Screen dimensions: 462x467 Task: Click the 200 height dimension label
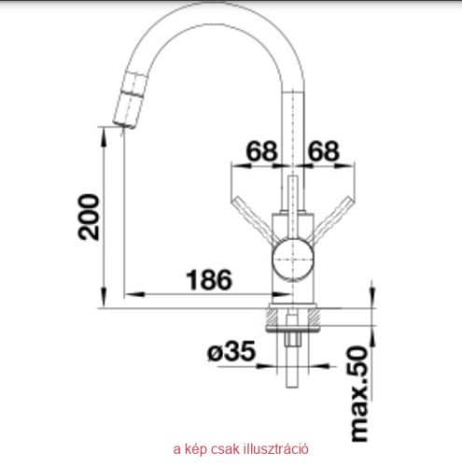click(x=89, y=217)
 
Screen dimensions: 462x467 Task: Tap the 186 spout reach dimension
click(x=209, y=279)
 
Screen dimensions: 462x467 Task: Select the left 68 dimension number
click(x=261, y=151)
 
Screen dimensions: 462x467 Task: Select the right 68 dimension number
click(x=323, y=151)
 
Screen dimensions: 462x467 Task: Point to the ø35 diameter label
click(x=231, y=351)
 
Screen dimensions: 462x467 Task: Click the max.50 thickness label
click(x=359, y=394)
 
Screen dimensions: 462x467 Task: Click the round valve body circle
click(x=292, y=260)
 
